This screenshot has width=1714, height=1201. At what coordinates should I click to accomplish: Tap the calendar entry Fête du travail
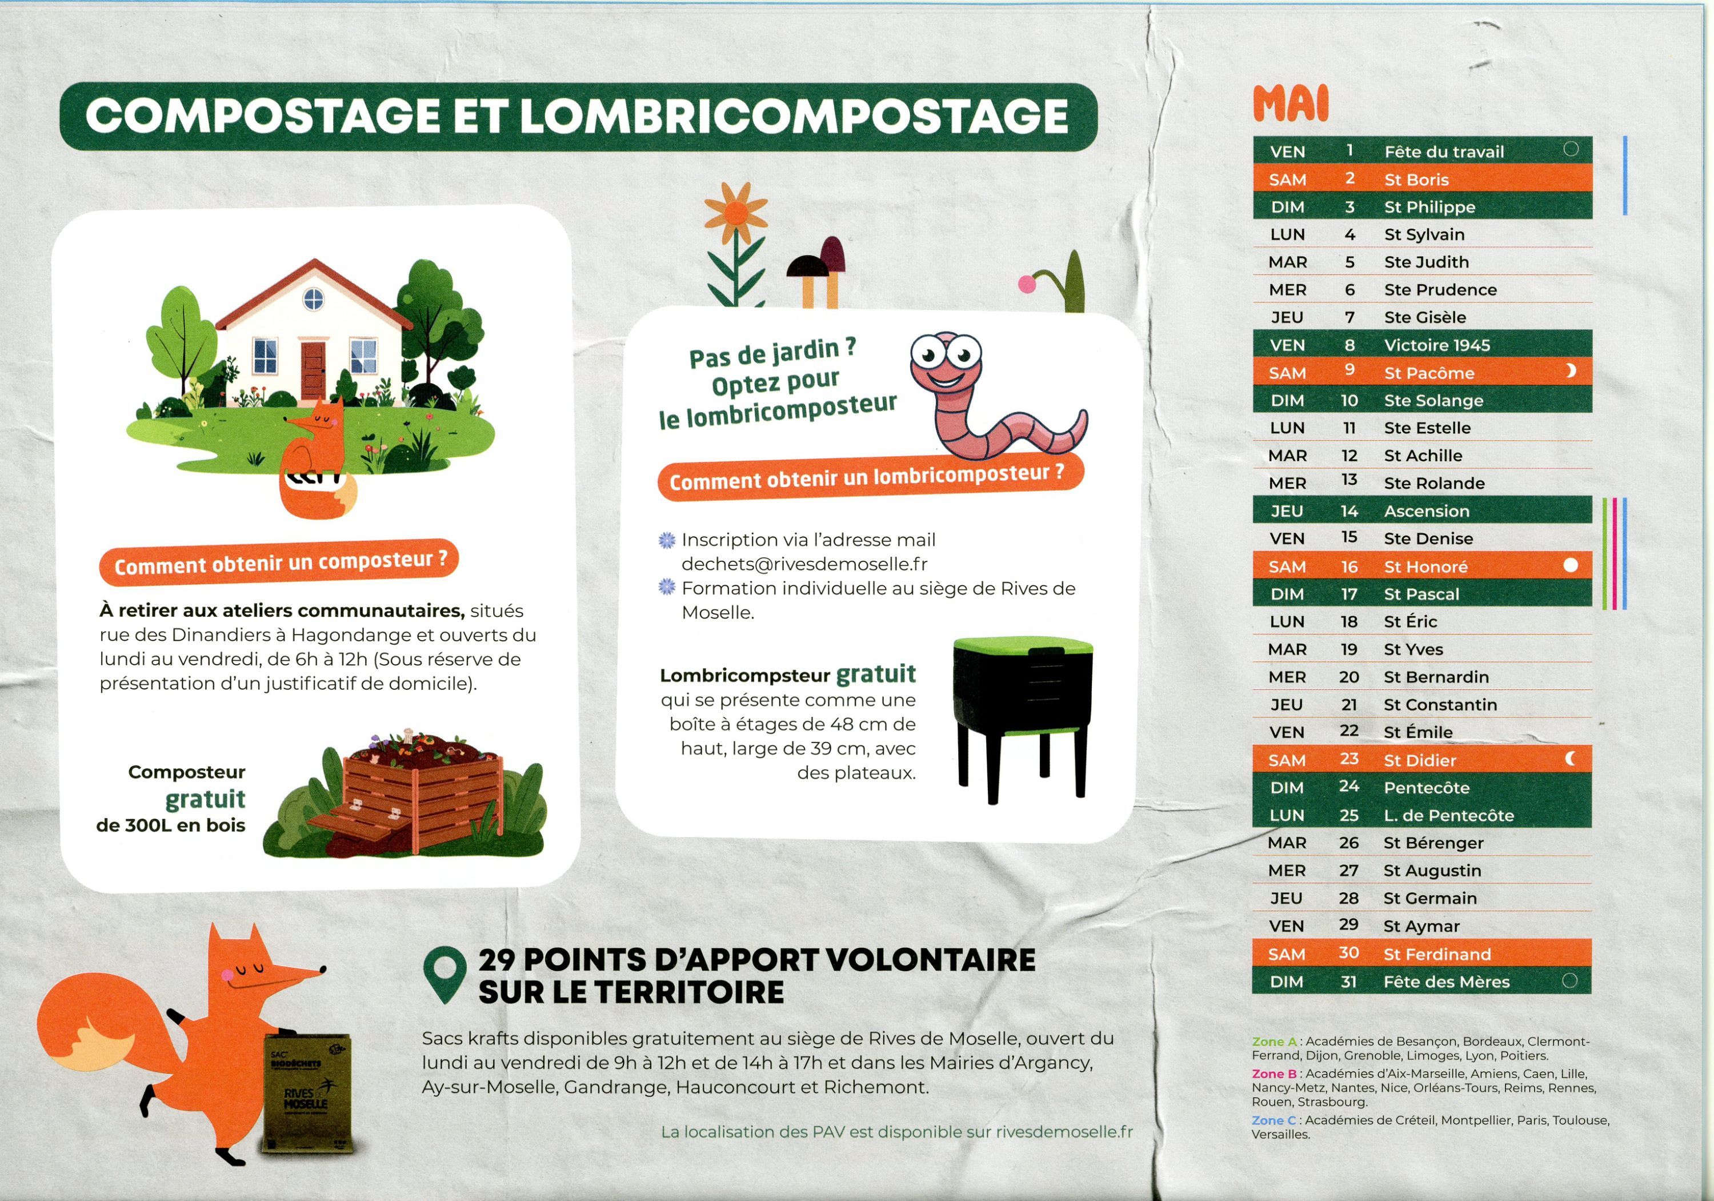tap(1444, 151)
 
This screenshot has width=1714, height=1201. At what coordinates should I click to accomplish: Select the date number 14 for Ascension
tap(1349, 511)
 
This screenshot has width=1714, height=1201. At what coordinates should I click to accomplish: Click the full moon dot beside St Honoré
tap(1571, 565)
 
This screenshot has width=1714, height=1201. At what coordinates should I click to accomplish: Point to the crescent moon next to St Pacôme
tap(1571, 370)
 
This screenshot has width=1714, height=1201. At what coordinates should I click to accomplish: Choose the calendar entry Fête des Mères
tap(1446, 981)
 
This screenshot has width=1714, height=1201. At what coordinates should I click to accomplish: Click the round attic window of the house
tap(314, 300)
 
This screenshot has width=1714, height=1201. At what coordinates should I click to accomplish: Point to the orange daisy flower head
tap(735, 214)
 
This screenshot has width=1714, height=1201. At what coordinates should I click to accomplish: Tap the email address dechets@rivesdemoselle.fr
tap(805, 564)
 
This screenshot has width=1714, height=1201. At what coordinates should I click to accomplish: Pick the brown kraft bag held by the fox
tap(306, 1094)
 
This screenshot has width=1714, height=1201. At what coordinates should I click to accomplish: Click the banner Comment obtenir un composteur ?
tap(279, 562)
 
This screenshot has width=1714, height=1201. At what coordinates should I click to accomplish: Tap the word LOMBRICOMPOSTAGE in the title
tap(794, 116)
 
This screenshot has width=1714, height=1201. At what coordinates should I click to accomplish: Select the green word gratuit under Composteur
tap(205, 799)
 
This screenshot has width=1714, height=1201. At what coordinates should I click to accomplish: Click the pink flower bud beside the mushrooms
tap(1027, 284)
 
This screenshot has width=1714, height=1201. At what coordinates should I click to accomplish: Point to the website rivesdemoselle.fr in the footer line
tap(1064, 1131)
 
